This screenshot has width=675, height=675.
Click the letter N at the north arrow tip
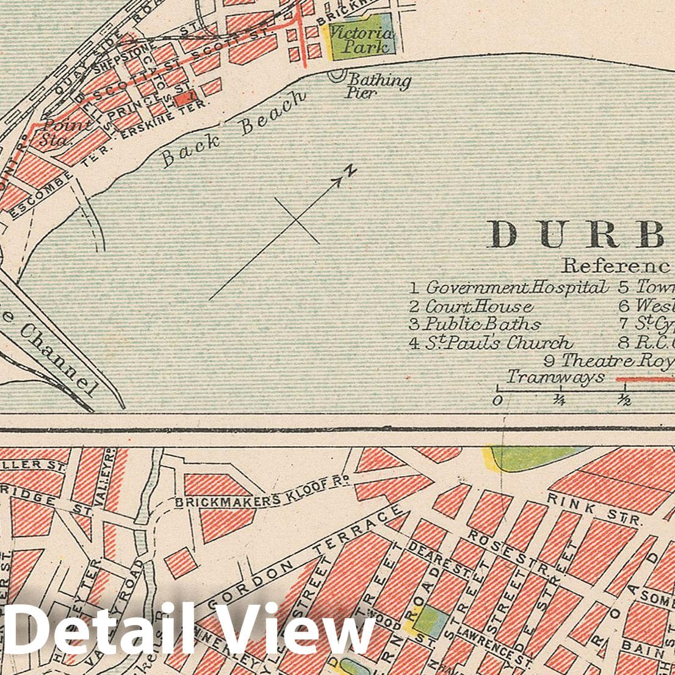[350, 171]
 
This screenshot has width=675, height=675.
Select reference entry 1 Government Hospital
[510, 287]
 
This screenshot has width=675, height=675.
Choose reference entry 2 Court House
[471, 306]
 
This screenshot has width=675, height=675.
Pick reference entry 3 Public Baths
[475, 324]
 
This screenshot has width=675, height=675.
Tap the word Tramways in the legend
[555, 377]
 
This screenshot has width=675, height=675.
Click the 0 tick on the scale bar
[497, 400]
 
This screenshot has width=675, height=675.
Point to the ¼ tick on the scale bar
[559, 400]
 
